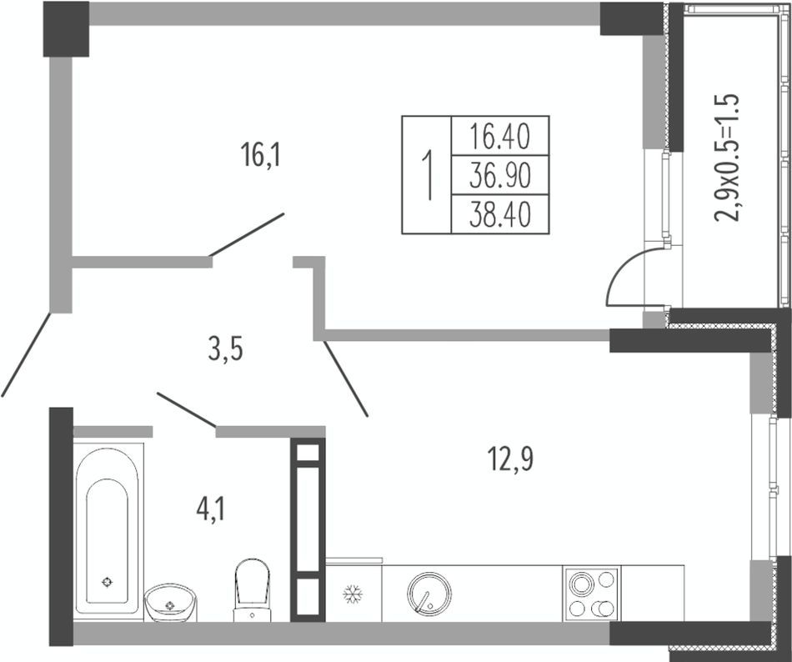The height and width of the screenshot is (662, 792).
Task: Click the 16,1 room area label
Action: click(260, 154)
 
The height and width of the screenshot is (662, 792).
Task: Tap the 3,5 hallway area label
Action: click(225, 349)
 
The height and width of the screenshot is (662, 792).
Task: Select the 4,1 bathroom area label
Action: click(211, 509)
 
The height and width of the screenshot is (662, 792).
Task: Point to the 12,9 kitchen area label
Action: click(511, 459)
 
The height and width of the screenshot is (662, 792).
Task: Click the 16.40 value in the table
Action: click(499, 137)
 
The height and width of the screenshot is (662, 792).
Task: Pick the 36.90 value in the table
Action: click(499, 176)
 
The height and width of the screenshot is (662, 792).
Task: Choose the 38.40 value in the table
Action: click(499, 214)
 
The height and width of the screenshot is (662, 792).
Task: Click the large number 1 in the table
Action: click(428, 175)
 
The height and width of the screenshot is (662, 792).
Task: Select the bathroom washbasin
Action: click(171, 603)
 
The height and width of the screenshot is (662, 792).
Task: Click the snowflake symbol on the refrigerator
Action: click(353, 594)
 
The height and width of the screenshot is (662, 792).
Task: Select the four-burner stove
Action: click(592, 594)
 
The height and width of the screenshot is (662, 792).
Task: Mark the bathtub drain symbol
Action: click(107, 582)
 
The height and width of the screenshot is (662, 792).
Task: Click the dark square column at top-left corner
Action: click(66, 29)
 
